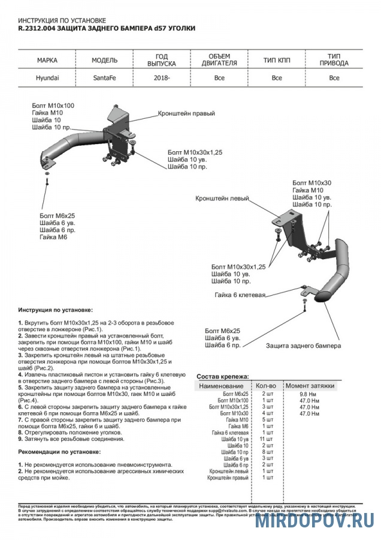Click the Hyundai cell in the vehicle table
coord(47,77)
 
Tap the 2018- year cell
coord(161,77)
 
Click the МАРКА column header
coord(47,61)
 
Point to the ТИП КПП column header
coord(276,61)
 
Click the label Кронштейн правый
coord(186,113)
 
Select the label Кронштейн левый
coord(222,197)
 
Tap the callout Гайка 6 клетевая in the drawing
coord(240,295)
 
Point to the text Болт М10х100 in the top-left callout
coord(53,106)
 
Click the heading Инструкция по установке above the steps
coord(55,310)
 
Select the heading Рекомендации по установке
coord(59,451)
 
